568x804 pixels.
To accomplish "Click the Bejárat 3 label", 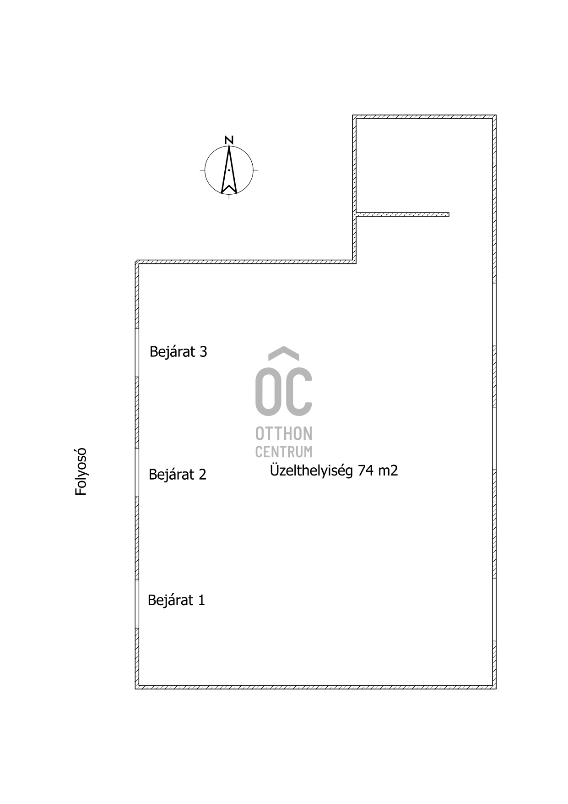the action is pyautogui.click(x=178, y=352).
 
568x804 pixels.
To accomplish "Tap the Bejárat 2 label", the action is pyautogui.click(x=178, y=474).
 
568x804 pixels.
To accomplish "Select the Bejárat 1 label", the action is pyautogui.click(x=176, y=600).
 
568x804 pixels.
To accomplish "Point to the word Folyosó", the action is pyautogui.click(x=81, y=471).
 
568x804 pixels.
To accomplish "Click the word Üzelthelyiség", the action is pyautogui.click(x=312, y=470).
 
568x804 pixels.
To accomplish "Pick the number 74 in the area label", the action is pyautogui.click(x=366, y=470).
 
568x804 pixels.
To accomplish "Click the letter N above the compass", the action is pyautogui.click(x=229, y=140).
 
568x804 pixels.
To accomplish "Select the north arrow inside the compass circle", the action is pyautogui.click(x=229, y=170).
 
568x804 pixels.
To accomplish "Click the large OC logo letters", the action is pyautogui.click(x=284, y=391).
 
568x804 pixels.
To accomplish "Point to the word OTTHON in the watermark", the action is pyautogui.click(x=284, y=433).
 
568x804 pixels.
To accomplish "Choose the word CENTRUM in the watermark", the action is pyautogui.click(x=284, y=451).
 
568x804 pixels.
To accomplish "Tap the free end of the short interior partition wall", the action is pyautogui.click(x=449, y=214).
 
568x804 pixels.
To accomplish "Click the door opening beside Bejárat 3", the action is pyautogui.click(x=137, y=353).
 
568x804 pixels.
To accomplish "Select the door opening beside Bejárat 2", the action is pyautogui.click(x=137, y=473).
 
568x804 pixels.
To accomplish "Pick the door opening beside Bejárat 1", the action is pyautogui.click(x=137, y=604).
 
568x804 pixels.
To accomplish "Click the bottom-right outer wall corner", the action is pyautogui.click(x=496, y=689).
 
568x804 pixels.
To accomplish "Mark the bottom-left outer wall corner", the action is pyautogui.click(x=135, y=689).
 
